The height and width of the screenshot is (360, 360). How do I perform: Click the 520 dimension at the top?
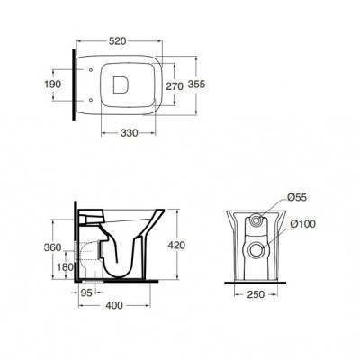(117, 41)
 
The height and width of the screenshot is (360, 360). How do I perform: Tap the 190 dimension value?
(53, 85)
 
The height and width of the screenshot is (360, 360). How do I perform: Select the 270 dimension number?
(175, 86)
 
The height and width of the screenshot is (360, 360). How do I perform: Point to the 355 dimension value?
(196, 85)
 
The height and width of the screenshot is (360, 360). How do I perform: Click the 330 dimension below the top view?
(130, 133)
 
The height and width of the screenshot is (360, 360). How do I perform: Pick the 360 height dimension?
(52, 247)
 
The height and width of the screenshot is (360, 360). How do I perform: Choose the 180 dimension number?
(65, 266)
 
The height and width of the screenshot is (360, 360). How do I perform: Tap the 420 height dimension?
(176, 246)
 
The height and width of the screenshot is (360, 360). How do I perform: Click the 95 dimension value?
(86, 292)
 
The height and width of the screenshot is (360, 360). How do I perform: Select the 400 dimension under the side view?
(114, 305)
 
